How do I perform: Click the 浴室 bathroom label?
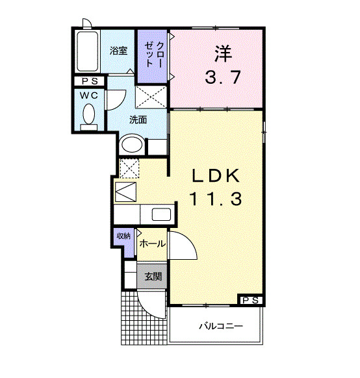pyautogui.click(x=118, y=49)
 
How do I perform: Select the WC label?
pyautogui.click(x=88, y=95)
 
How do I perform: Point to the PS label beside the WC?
pyautogui.click(x=89, y=81)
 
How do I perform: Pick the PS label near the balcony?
pyautogui.click(x=251, y=300)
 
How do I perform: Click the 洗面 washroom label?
pyautogui.click(x=137, y=120)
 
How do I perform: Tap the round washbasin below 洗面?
pyautogui.click(x=133, y=145)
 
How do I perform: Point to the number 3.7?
pyautogui.click(x=224, y=77)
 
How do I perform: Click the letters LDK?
pyautogui.click(x=216, y=176)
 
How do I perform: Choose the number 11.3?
pyautogui.click(x=216, y=200)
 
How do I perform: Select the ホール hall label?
pyautogui.click(x=152, y=244)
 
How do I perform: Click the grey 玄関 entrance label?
pyautogui.click(x=153, y=276)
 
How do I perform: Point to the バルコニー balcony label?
pyautogui.click(x=220, y=325)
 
